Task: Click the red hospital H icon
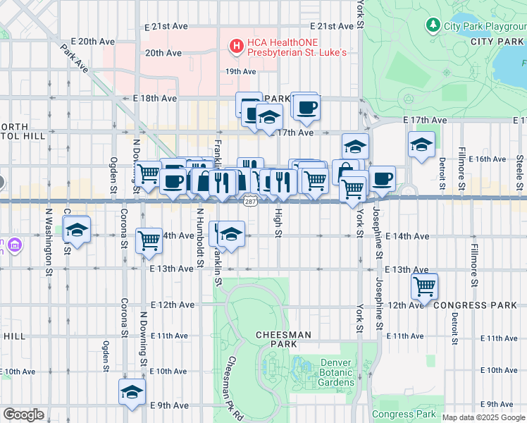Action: pos(237,47)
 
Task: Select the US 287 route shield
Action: pos(250,202)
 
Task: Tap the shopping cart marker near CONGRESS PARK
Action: pos(424,286)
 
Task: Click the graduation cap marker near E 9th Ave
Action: pos(131,392)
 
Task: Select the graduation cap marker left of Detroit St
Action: pos(421,145)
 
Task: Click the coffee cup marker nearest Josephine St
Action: pos(382,178)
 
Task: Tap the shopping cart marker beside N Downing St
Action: pos(149,240)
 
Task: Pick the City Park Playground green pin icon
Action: pos(433,25)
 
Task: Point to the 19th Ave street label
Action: pos(240,71)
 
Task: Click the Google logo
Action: pos(23,415)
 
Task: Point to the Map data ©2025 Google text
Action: pos(483,417)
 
